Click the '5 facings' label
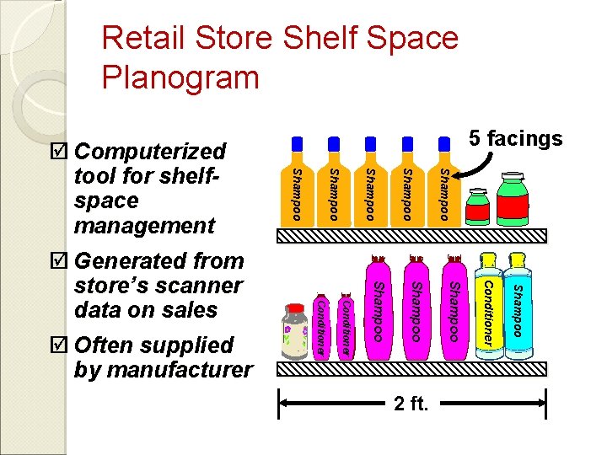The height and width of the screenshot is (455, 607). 516,138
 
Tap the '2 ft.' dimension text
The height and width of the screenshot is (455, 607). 411,404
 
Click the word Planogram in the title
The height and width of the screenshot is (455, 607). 180,78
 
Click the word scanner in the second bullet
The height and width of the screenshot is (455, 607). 203,286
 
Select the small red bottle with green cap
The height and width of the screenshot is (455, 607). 478,208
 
